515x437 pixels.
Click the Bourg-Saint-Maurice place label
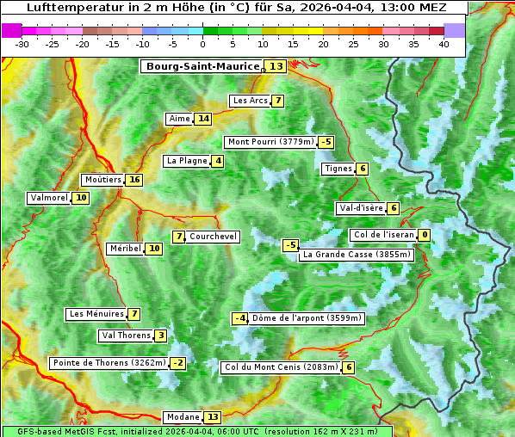pos(202,66)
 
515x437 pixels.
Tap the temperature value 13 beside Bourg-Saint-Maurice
pos(276,66)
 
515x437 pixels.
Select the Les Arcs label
pos(251,101)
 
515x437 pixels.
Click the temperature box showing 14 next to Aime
pos(202,119)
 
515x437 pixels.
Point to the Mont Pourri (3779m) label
pos(270,142)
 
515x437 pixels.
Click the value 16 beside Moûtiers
pos(133,180)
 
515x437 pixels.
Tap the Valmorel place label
pos(49,198)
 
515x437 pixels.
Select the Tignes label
pos(338,169)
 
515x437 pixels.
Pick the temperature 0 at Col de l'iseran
pos(425,235)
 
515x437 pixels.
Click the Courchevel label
pos(213,237)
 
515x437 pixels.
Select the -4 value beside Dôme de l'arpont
pos(240,318)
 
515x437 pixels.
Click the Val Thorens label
pos(126,335)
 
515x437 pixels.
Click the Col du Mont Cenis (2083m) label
pos(280,367)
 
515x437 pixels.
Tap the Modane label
pos(183,417)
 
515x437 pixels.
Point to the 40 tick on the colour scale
pos(444,44)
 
